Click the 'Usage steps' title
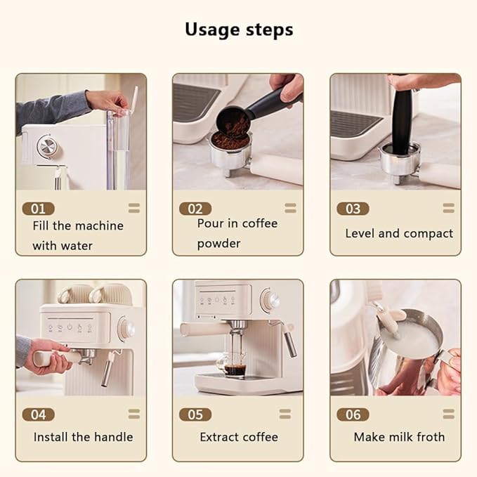click(239, 30)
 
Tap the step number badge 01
click(38, 209)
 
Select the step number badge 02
click(195, 209)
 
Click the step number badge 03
click(352, 209)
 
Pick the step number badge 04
click(38, 414)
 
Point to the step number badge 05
click(195, 414)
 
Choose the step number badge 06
click(352, 414)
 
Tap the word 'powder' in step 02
click(218, 244)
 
